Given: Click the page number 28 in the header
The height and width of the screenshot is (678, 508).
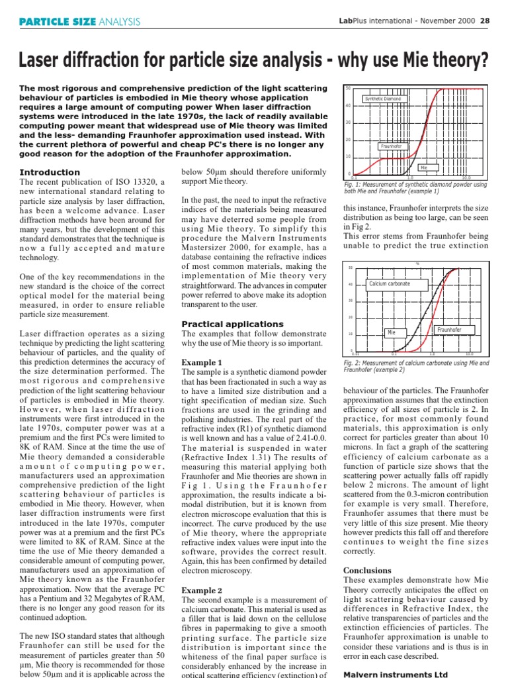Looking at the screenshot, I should [484, 21].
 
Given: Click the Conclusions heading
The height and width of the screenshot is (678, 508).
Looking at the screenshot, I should [367, 570].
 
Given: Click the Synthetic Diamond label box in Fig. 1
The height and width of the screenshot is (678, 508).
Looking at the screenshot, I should [383, 99].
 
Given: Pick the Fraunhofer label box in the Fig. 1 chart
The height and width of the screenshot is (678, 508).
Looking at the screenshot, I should [392, 146].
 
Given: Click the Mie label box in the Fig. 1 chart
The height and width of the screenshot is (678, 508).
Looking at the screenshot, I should [424, 168].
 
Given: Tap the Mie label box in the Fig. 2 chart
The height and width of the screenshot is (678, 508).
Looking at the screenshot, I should [391, 333].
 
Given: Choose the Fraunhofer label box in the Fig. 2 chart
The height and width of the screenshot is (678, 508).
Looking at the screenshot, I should [449, 329].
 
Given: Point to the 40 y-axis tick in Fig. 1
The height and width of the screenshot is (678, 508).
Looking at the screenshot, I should [347, 105].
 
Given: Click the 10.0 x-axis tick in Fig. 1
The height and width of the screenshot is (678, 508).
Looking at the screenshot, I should [466, 178].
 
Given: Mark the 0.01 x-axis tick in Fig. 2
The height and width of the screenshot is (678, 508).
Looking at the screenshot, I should [355, 354].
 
